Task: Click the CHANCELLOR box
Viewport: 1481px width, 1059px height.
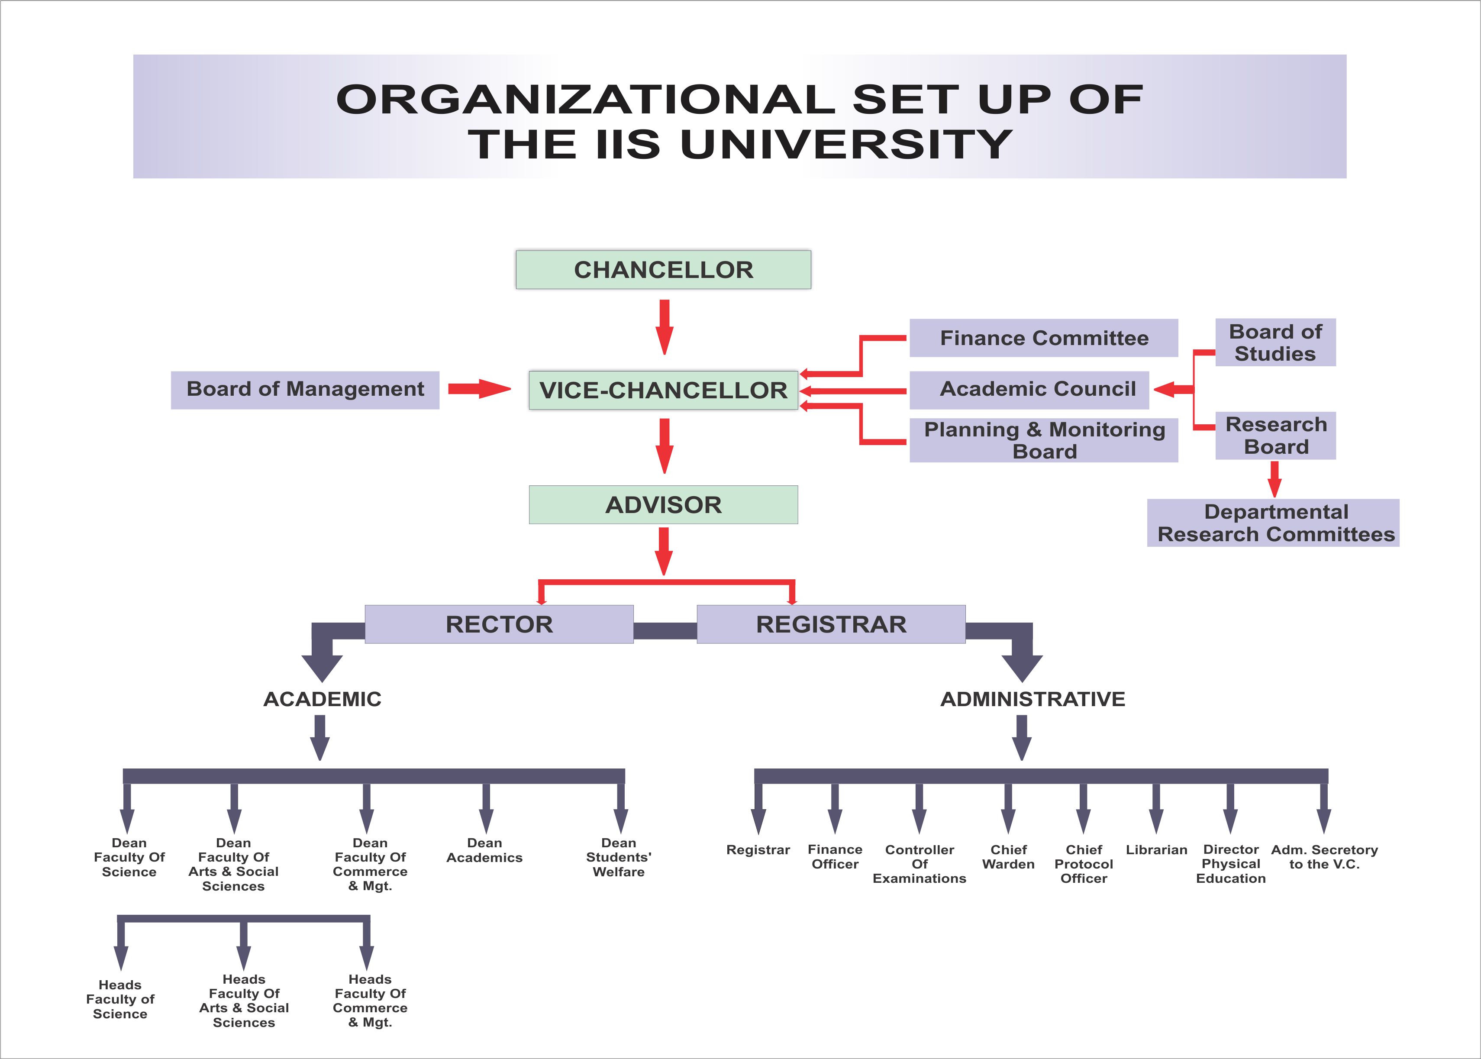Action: pos(663,269)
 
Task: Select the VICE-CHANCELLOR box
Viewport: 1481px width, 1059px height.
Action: pos(663,390)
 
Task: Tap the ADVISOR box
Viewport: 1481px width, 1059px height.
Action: pos(663,505)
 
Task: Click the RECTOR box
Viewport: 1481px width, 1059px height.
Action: pos(499,624)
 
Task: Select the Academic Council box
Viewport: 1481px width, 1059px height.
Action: pos(1029,389)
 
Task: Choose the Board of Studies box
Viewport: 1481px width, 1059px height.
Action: pos(1275,342)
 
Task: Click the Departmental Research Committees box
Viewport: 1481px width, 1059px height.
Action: pos(1272,523)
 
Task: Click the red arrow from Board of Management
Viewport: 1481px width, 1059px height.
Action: pos(479,389)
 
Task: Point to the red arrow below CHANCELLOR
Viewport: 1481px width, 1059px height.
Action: pos(664,326)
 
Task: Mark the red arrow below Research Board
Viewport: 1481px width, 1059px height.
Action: pos(1274,479)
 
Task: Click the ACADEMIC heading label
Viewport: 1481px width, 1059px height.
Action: pos(322,699)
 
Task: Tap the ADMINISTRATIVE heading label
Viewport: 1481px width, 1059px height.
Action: pos(1033,699)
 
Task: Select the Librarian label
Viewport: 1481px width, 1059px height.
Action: pos(1156,850)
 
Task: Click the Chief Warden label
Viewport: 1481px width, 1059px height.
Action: pos(1008,857)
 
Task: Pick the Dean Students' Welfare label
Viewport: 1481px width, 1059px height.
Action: pos(618,857)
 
